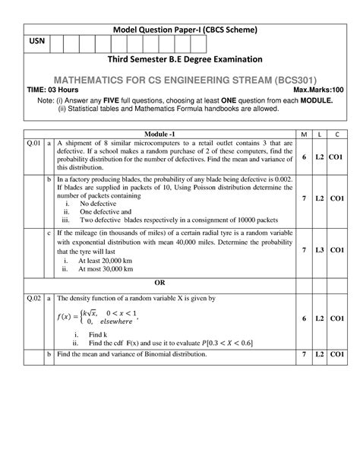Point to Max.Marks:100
(317, 89)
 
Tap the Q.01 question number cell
(33, 144)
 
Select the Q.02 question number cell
(33, 298)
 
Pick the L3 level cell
(322, 249)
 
